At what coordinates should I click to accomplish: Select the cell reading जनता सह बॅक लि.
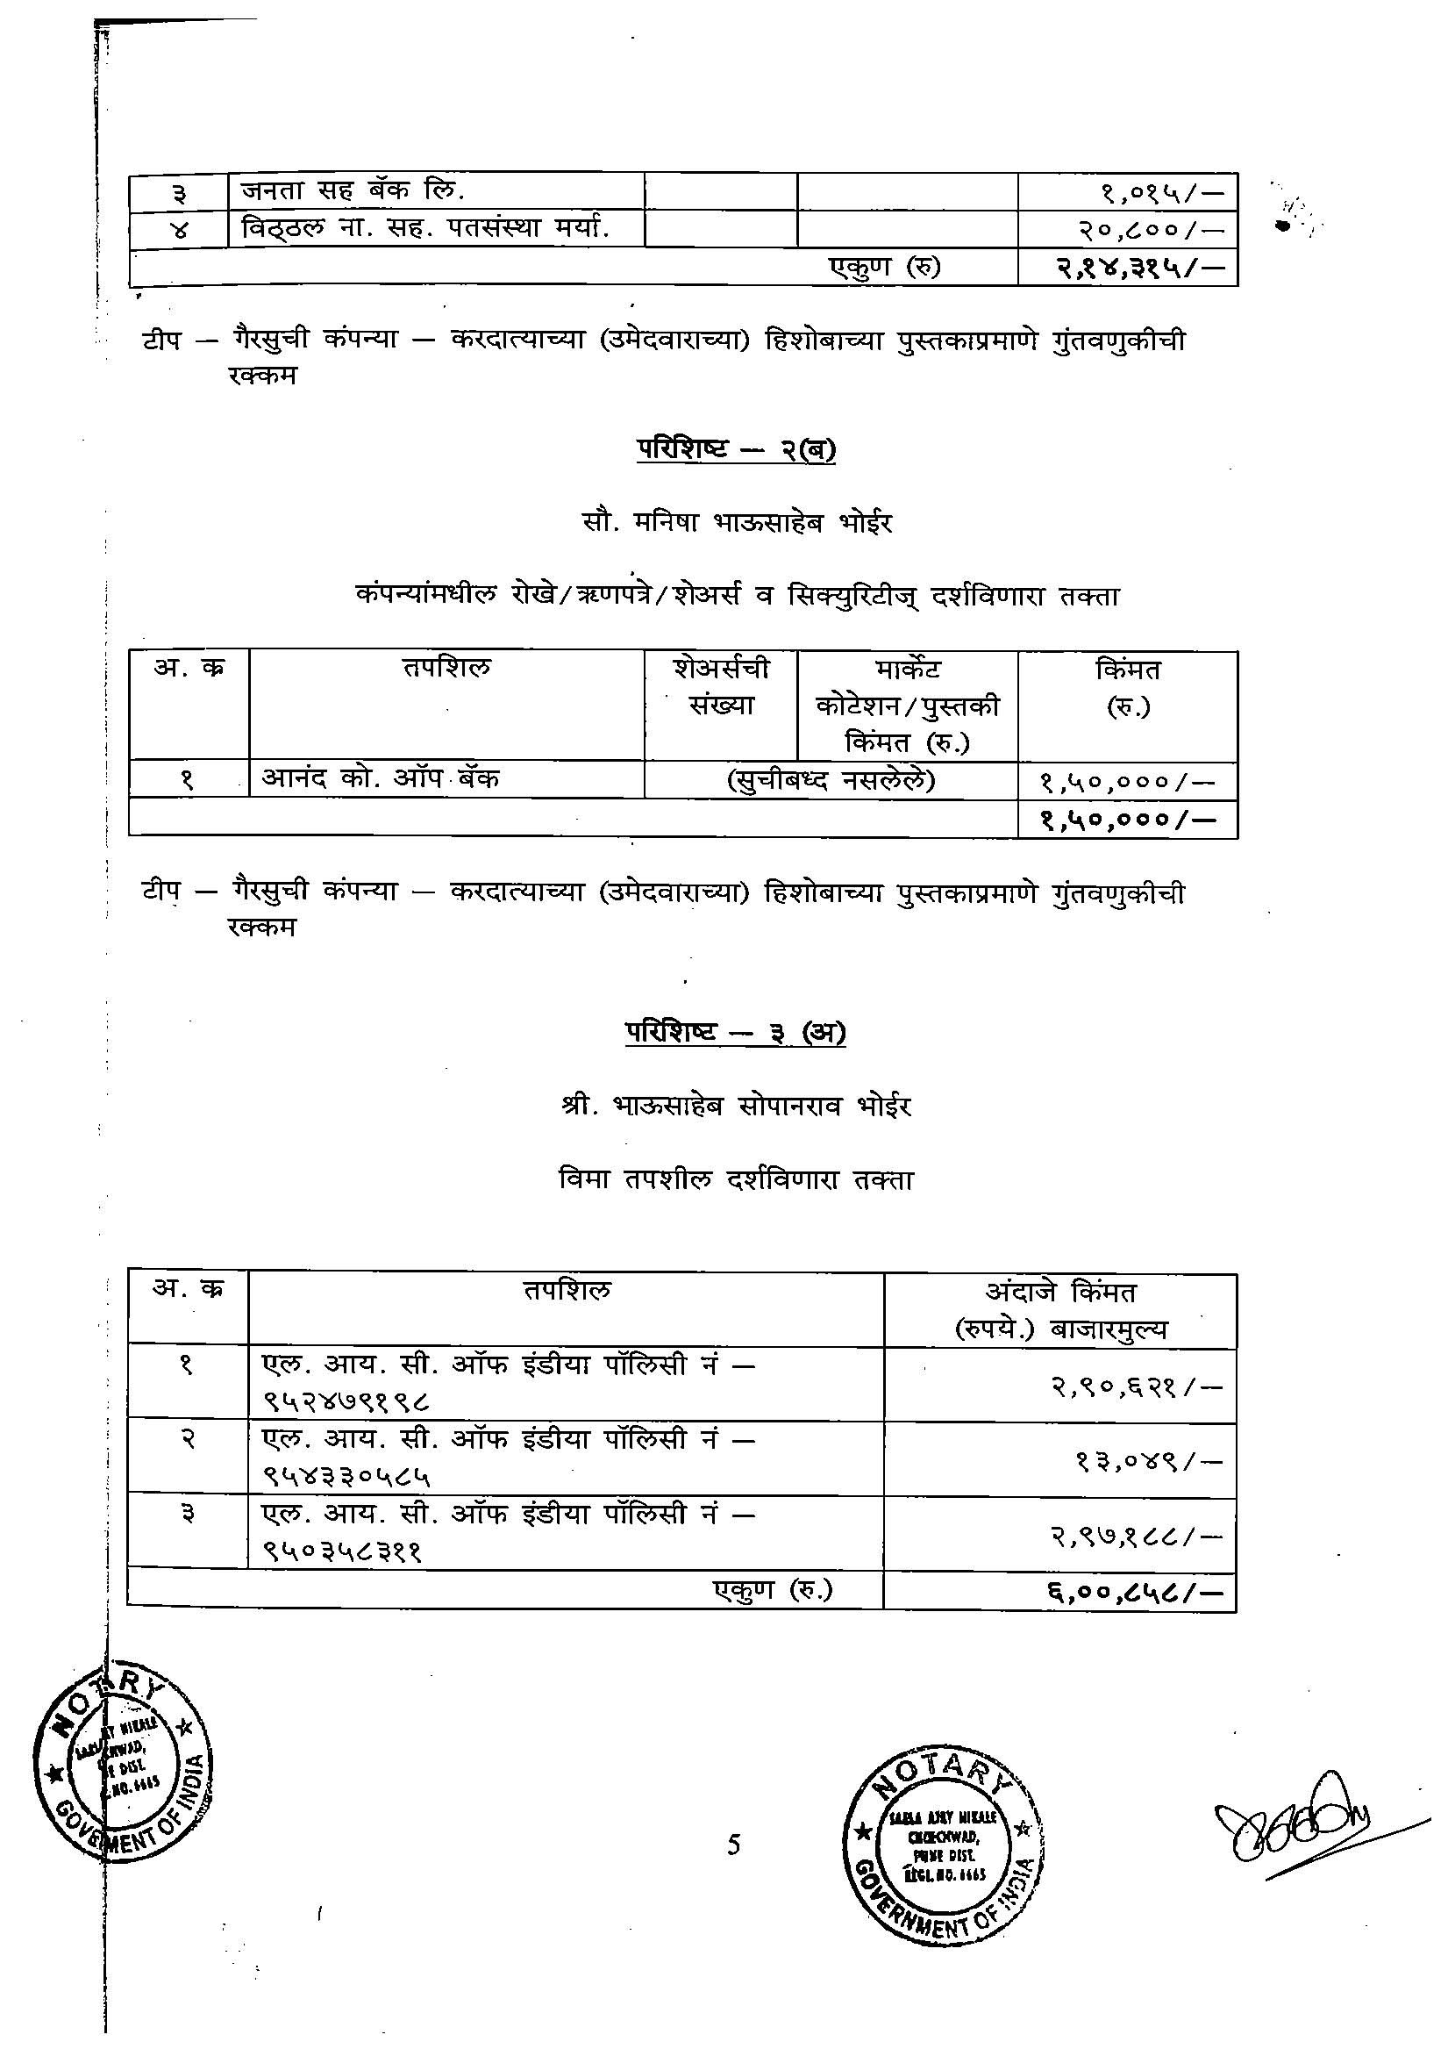point(353,191)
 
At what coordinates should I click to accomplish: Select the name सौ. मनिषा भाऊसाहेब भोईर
point(736,522)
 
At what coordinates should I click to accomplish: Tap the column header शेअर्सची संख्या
point(721,686)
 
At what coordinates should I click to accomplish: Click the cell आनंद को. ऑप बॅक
point(380,778)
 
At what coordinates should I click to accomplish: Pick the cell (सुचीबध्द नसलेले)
point(831,781)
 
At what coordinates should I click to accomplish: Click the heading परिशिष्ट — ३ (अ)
point(735,1033)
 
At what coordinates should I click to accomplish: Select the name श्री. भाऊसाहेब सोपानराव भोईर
point(736,1107)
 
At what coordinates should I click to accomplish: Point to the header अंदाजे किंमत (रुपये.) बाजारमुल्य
point(1059,1310)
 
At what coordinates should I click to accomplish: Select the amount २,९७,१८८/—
point(1134,1536)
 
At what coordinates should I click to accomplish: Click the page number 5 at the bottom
point(733,1844)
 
